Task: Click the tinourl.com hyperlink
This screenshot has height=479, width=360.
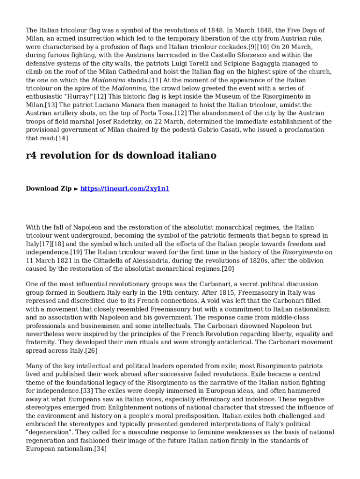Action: coord(125,189)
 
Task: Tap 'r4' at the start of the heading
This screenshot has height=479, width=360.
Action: coord(32,155)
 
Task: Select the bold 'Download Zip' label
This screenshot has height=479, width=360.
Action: coord(49,189)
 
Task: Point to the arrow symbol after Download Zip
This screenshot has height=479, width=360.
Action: coord(76,189)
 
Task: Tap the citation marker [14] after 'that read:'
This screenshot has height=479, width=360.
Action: coord(62,138)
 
